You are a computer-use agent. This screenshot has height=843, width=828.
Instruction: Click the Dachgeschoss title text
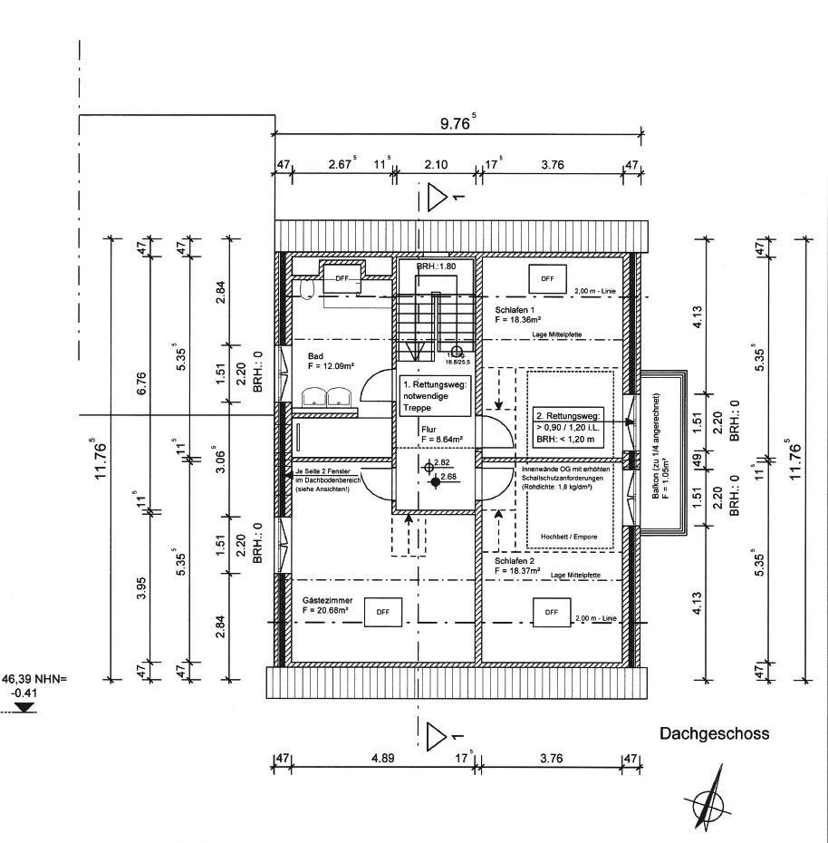pos(714,734)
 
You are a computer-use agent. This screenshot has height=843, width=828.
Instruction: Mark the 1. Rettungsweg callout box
pos(435,396)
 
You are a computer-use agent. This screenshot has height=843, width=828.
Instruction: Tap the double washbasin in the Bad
pos(327,397)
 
